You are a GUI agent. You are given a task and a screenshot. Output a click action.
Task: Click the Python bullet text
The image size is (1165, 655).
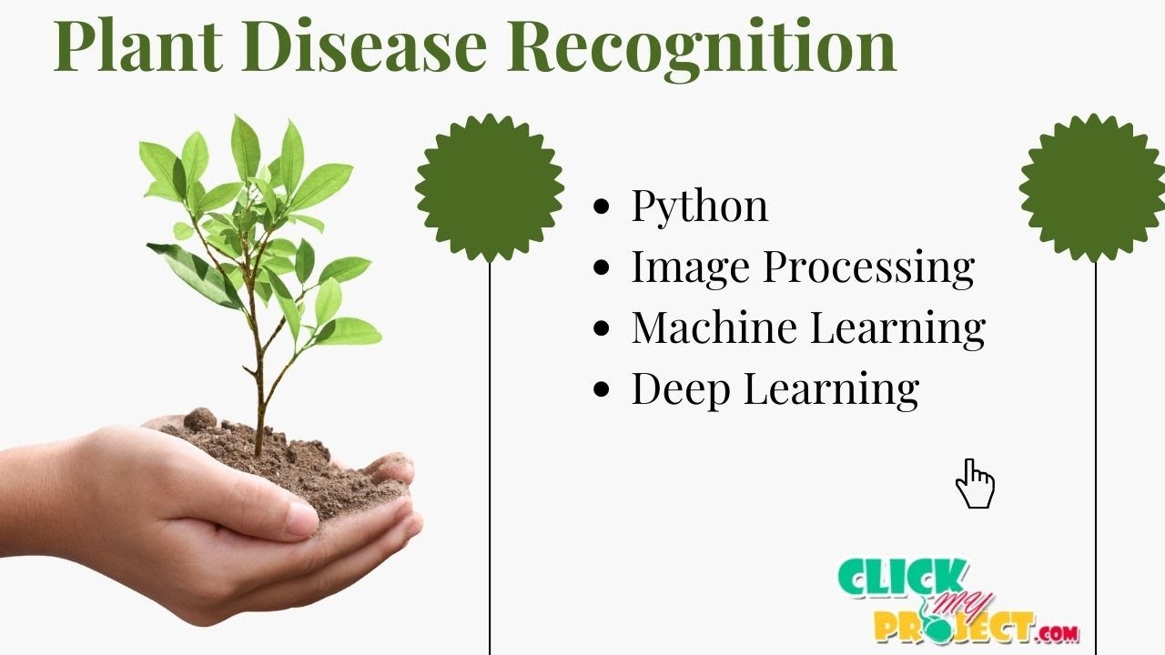699,207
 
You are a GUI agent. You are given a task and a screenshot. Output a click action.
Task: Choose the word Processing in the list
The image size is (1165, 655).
868,268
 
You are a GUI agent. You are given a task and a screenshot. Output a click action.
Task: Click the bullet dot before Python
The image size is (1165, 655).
601,207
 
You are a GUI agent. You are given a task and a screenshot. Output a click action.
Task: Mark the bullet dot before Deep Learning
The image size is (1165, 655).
601,389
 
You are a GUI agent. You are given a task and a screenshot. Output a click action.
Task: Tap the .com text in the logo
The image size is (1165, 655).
1058,631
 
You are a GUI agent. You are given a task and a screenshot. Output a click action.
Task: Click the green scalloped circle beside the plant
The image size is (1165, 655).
490,187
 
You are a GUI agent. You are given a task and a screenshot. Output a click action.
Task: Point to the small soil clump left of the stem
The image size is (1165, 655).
199,419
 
